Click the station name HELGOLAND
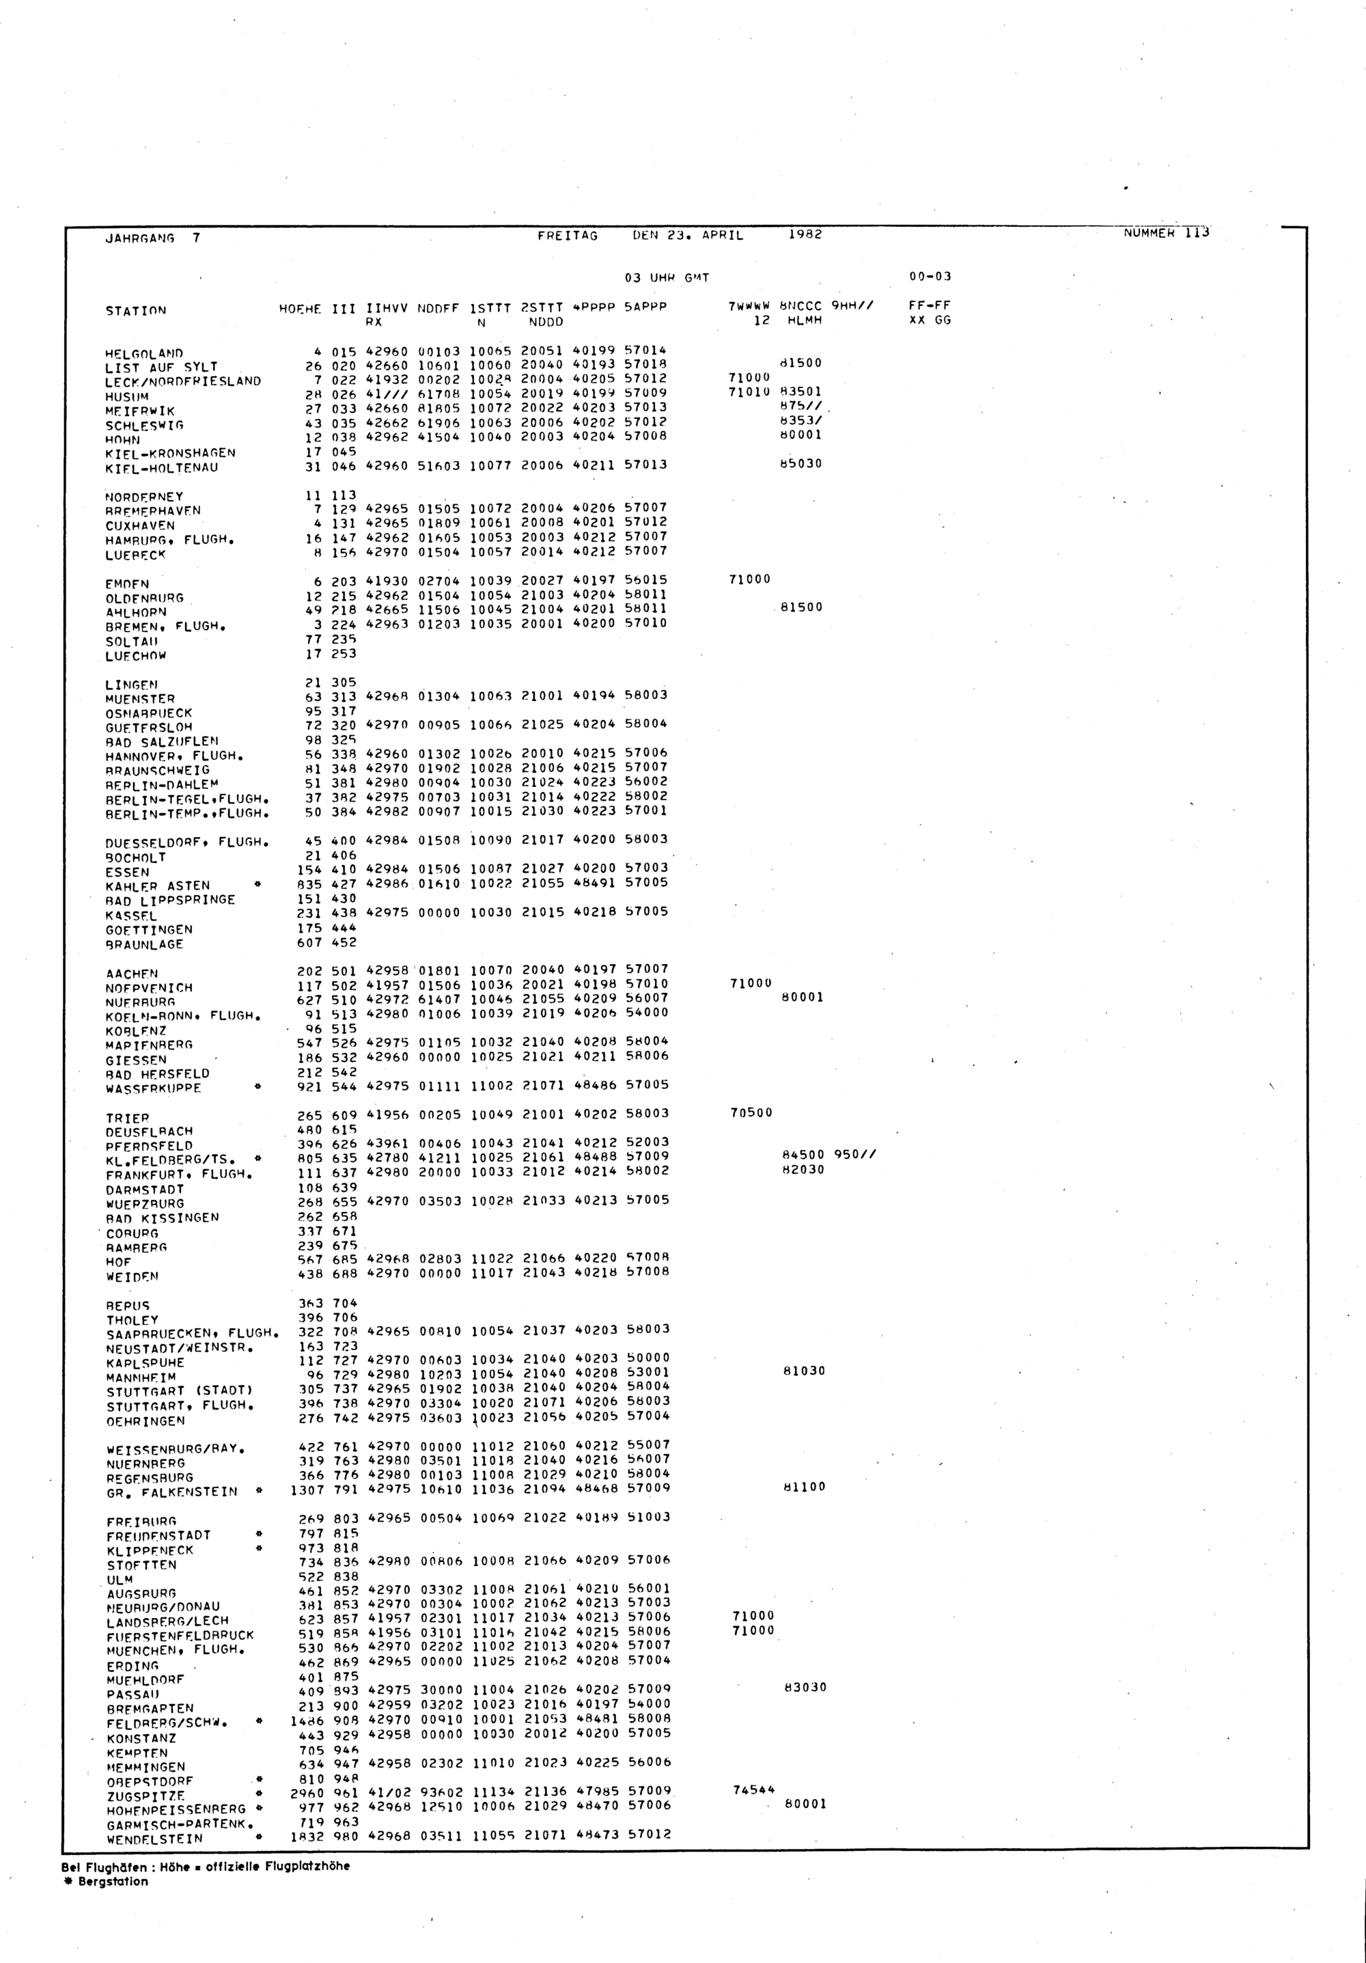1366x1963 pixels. [x=143, y=353]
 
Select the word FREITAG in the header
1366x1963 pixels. [x=568, y=236]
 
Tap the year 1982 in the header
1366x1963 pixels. [x=805, y=234]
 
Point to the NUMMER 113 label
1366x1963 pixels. [x=1166, y=232]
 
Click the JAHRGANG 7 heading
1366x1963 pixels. [x=152, y=238]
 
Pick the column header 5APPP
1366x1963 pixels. [x=645, y=307]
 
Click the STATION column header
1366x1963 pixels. [x=136, y=311]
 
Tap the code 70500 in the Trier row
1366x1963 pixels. [x=751, y=1112]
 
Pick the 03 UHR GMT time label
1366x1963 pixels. [x=667, y=278]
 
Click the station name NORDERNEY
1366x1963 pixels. [x=143, y=497]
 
